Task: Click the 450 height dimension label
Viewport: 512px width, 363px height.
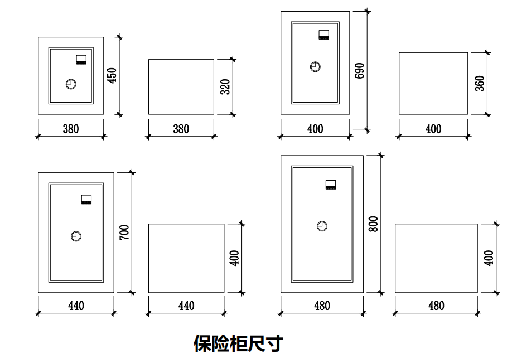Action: (112, 75)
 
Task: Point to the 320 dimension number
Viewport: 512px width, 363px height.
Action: (225, 86)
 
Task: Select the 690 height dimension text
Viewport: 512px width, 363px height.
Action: (360, 70)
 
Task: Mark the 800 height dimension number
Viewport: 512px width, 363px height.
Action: (374, 224)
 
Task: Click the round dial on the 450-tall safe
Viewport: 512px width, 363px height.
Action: (71, 84)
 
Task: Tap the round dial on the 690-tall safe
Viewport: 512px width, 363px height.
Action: (315, 67)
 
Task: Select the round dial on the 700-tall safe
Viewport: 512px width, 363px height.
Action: (76, 236)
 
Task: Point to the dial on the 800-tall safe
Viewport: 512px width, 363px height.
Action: (322, 226)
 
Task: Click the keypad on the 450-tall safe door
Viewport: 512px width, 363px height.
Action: (81, 60)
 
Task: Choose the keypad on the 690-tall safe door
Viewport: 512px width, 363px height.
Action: (324, 35)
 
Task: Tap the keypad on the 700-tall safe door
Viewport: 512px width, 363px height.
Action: (86, 200)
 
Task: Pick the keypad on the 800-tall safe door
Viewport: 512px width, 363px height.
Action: (331, 185)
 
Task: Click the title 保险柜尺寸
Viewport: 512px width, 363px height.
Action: (238, 343)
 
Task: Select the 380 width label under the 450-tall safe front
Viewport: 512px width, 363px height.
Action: (71, 129)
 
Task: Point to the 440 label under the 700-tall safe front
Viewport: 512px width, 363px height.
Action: (76, 306)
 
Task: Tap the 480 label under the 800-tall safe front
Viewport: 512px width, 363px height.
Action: (322, 306)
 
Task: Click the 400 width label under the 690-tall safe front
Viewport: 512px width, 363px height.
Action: (315, 129)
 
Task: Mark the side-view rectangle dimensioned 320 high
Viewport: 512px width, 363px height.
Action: (181, 86)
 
